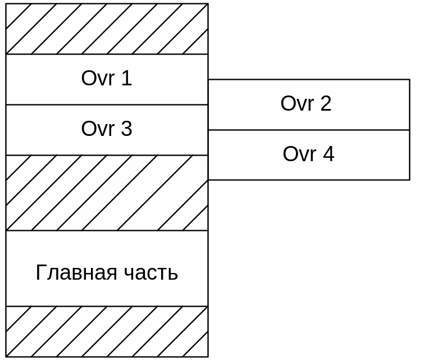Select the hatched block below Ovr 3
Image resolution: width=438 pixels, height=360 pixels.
[107, 193]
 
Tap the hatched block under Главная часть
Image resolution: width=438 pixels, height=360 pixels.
[107, 331]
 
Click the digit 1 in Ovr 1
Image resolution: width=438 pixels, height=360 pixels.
[126, 79]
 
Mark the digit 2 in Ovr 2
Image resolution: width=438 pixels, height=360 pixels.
[326, 104]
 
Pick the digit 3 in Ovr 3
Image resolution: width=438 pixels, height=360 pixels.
[126, 129]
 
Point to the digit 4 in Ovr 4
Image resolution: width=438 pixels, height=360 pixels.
[328, 154]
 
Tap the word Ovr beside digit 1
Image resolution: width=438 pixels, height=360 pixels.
[98, 79]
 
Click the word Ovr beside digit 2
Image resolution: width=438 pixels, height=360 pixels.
[297, 104]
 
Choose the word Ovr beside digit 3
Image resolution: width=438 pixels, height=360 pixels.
[98, 129]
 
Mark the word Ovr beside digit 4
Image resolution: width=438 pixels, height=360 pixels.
[299, 154]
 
